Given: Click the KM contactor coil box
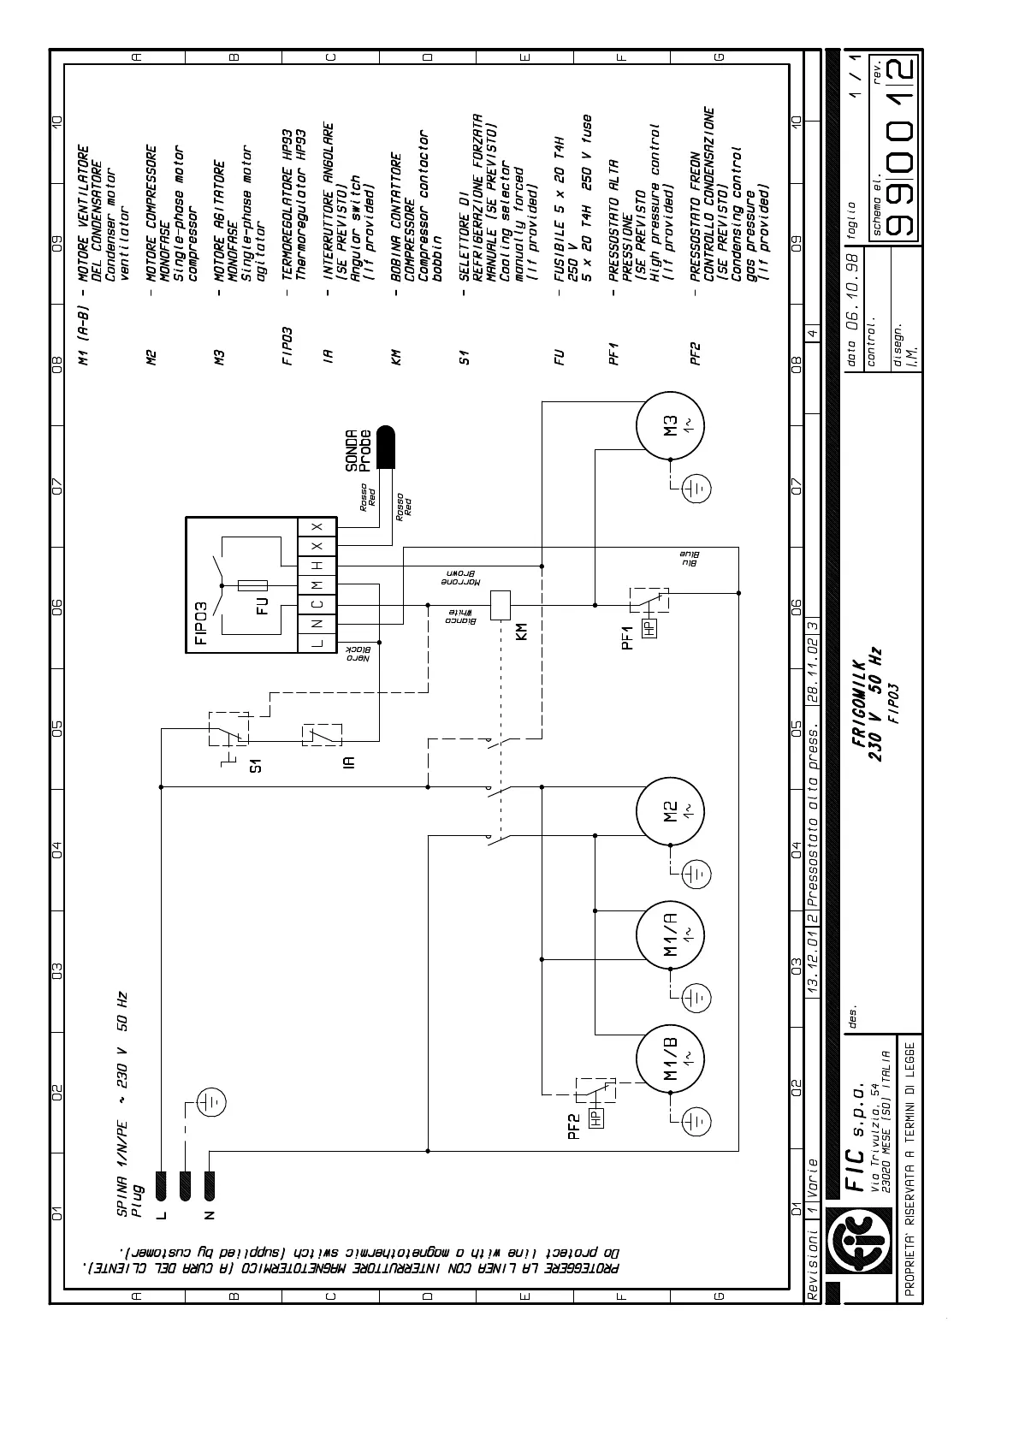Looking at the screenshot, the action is pyautogui.click(x=500, y=605).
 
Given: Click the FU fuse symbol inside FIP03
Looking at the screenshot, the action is pyautogui.click(x=253, y=585).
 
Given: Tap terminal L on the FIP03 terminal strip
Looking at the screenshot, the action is pyautogui.click(x=317, y=643).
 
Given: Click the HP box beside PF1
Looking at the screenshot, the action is pyautogui.click(x=650, y=627).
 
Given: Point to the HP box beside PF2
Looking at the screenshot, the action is pyautogui.click(x=595, y=1117).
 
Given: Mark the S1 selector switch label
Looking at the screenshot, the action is pyautogui.click(x=256, y=763).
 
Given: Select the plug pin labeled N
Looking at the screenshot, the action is pyautogui.click(x=211, y=1185).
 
